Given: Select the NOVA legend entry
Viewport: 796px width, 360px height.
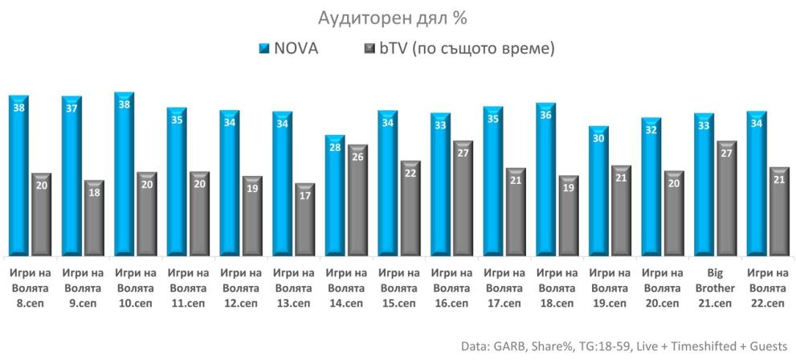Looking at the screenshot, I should (x=287, y=49).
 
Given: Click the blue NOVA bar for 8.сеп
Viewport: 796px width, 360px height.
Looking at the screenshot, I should (x=18, y=177).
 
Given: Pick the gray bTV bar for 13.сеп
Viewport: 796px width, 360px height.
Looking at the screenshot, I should (x=304, y=221).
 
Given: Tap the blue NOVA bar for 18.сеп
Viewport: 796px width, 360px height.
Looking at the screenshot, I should (x=545, y=181).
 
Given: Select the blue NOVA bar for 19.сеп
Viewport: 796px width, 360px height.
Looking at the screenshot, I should (x=598, y=193).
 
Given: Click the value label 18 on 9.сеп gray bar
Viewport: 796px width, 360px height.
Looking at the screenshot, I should (x=94, y=193).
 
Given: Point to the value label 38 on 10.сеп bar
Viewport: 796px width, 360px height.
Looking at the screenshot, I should (x=124, y=105).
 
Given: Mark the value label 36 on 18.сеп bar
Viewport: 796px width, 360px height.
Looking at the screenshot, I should (x=545, y=116).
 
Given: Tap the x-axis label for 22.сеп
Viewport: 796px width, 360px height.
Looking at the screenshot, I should (x=766, y=288).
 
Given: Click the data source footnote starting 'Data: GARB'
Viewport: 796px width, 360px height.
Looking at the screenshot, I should (x=624, y=346).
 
